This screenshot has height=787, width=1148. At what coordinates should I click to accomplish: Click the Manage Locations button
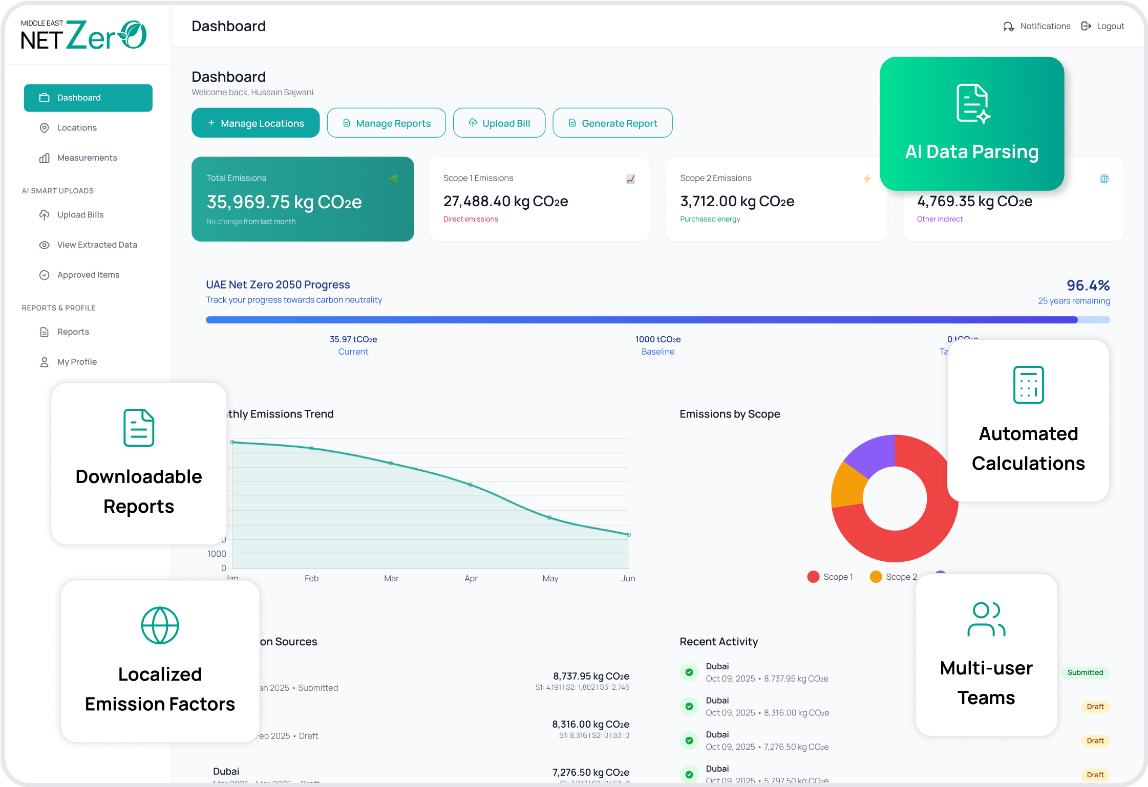[x=256, y=123]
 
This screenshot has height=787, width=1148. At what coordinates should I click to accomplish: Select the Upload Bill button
[x=499, y=123]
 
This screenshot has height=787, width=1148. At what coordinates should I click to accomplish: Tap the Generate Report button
[x=612, y=123]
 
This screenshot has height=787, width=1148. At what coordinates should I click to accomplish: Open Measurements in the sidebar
[x=87, y=158]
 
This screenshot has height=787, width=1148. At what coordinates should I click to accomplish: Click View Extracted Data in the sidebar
[x=97, y=245]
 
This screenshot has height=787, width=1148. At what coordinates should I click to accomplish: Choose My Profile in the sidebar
[x=77, y=362]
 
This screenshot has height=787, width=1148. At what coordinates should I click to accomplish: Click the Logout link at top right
[x=1103, y=26]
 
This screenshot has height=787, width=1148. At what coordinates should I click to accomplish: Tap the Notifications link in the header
[x=1037, y=26]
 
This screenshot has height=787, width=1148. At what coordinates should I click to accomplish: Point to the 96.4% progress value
[x=1088, y=285]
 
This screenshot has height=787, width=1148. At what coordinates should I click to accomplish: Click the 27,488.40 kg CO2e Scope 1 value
[x=505, y=201]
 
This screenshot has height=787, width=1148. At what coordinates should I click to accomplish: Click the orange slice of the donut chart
[x=847, y=485]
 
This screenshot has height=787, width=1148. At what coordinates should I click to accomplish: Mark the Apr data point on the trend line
[x=470, y=484]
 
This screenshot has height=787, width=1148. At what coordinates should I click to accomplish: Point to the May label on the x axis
[x=550, y=578]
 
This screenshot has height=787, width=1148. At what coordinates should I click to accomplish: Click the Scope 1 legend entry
[x=830, y=577]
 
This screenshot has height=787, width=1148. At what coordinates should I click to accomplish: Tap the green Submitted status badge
[x=1085, y=672]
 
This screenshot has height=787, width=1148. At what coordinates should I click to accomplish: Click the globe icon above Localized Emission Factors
[x=160, y=625]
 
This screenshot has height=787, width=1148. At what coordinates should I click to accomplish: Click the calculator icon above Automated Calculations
[x=1028, y=385]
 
